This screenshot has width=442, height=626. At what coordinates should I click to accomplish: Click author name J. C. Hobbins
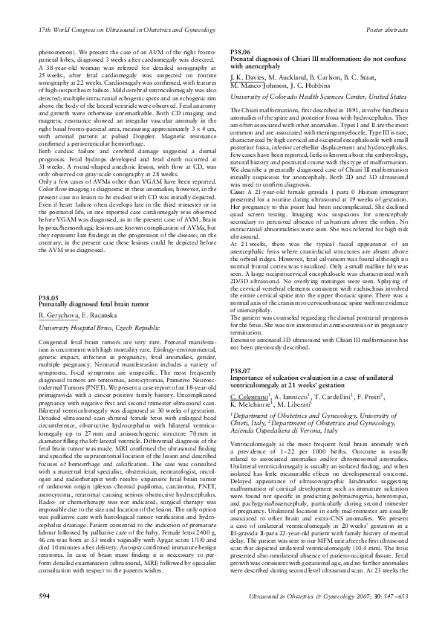[x=330, y=85]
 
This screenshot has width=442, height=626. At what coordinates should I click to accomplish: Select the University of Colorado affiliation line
[x=316, y=97]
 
